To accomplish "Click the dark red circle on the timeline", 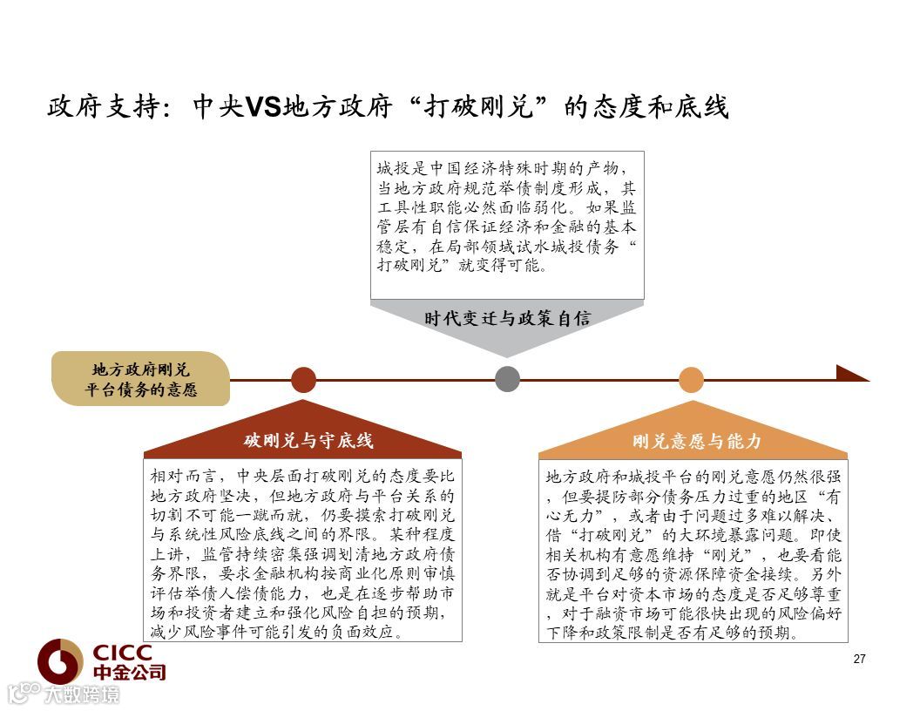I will click(x=303, y=379).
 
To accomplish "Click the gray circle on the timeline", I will click(x=507, y=379).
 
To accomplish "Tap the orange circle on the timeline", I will click(x=691, y=379).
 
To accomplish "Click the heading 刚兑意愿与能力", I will click(x=697, y=441).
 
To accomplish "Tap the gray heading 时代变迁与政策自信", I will click(x=507, y=318).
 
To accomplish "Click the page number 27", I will click(x=859, y=659).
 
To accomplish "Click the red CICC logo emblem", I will click(x=59, y=660).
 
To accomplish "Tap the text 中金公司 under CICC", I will click(x=129, y=673).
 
